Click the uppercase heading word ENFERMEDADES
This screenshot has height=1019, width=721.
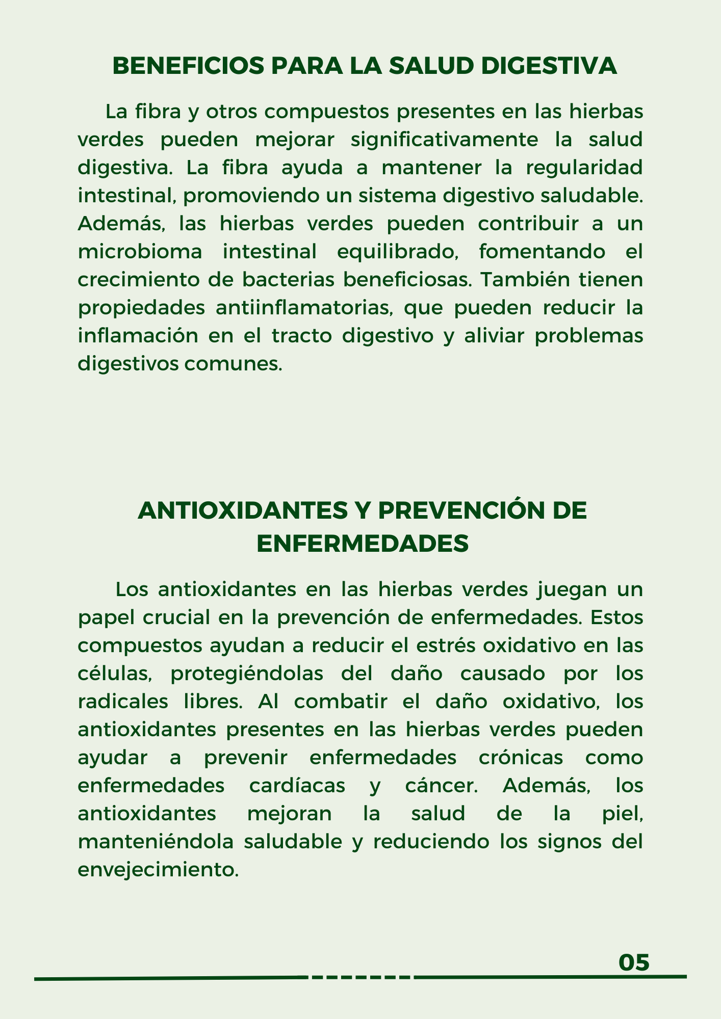point(363,544)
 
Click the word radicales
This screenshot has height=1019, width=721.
point(123,702)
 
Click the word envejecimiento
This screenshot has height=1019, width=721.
point(158,870)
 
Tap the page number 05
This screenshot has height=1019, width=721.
point(634,963)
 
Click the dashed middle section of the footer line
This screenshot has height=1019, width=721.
point(360,977)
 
